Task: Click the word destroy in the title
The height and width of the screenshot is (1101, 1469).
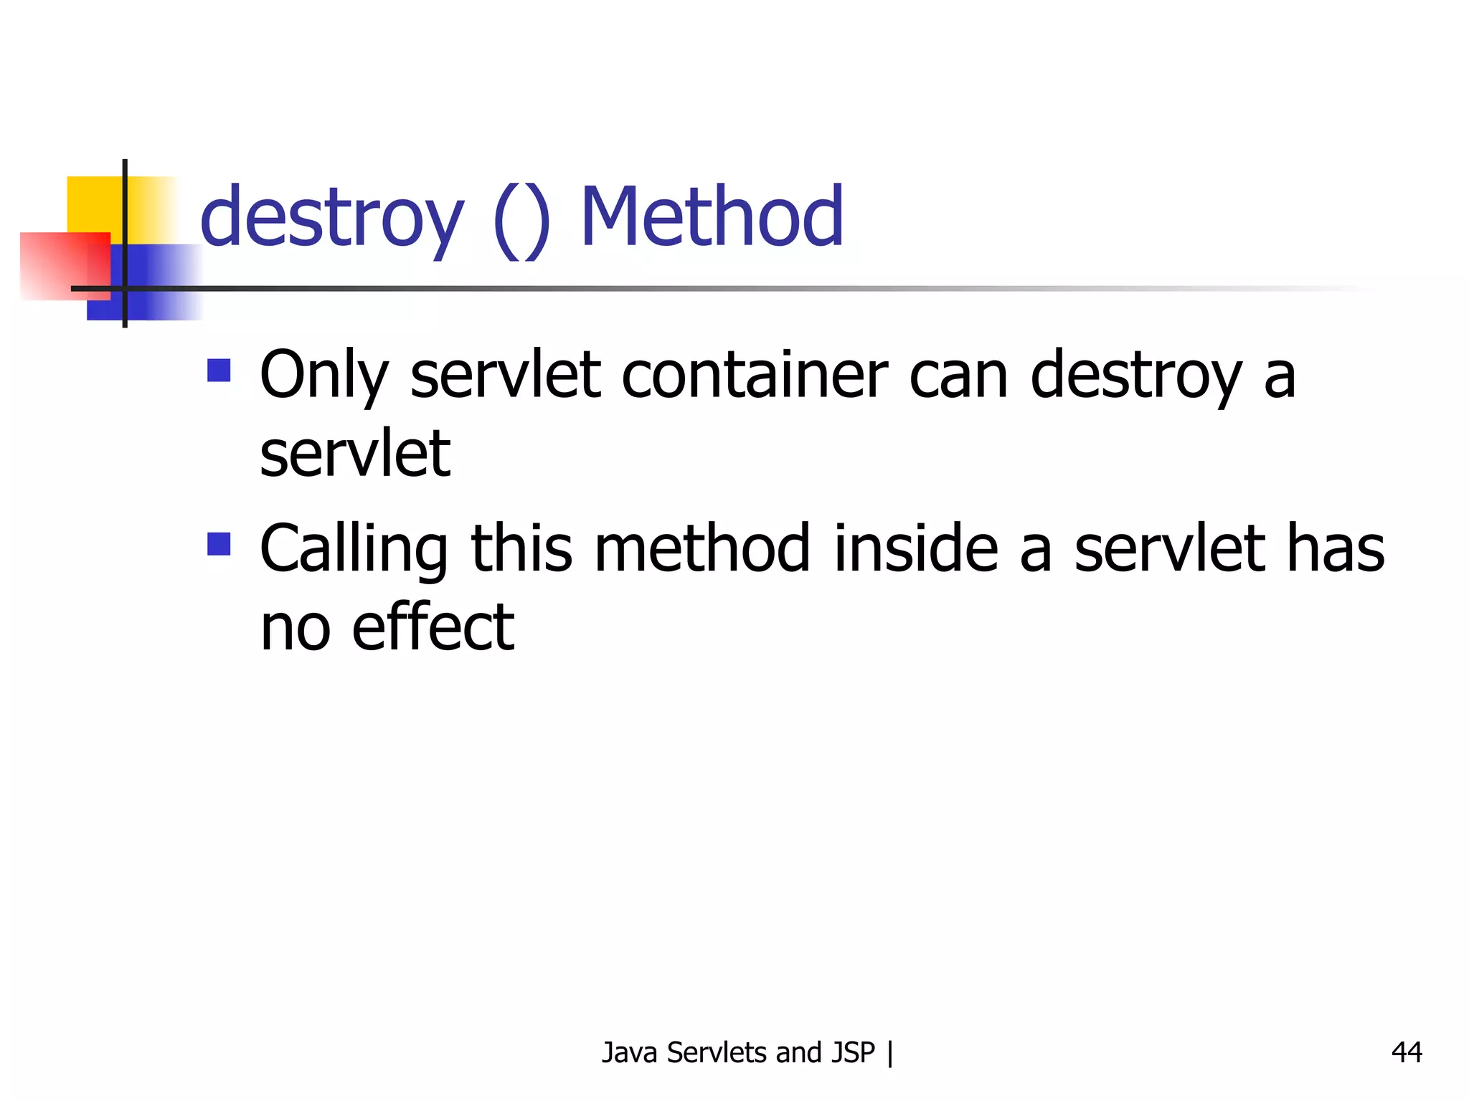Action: point(331,217)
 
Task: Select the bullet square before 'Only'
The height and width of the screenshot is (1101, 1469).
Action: point(219,371)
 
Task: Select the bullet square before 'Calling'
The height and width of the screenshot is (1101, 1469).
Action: point(219,544)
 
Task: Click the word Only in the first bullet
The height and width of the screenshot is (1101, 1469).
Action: point(323,376)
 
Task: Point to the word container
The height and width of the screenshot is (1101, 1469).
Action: point(755,375)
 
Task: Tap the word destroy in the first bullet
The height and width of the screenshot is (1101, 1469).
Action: point(1135,376)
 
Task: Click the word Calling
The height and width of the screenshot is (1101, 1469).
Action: point(354,550)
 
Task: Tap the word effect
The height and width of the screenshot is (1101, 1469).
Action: point(433,627)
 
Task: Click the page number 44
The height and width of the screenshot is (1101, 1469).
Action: point(1407,1052)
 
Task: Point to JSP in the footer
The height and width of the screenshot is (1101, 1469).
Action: point(853,1052)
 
